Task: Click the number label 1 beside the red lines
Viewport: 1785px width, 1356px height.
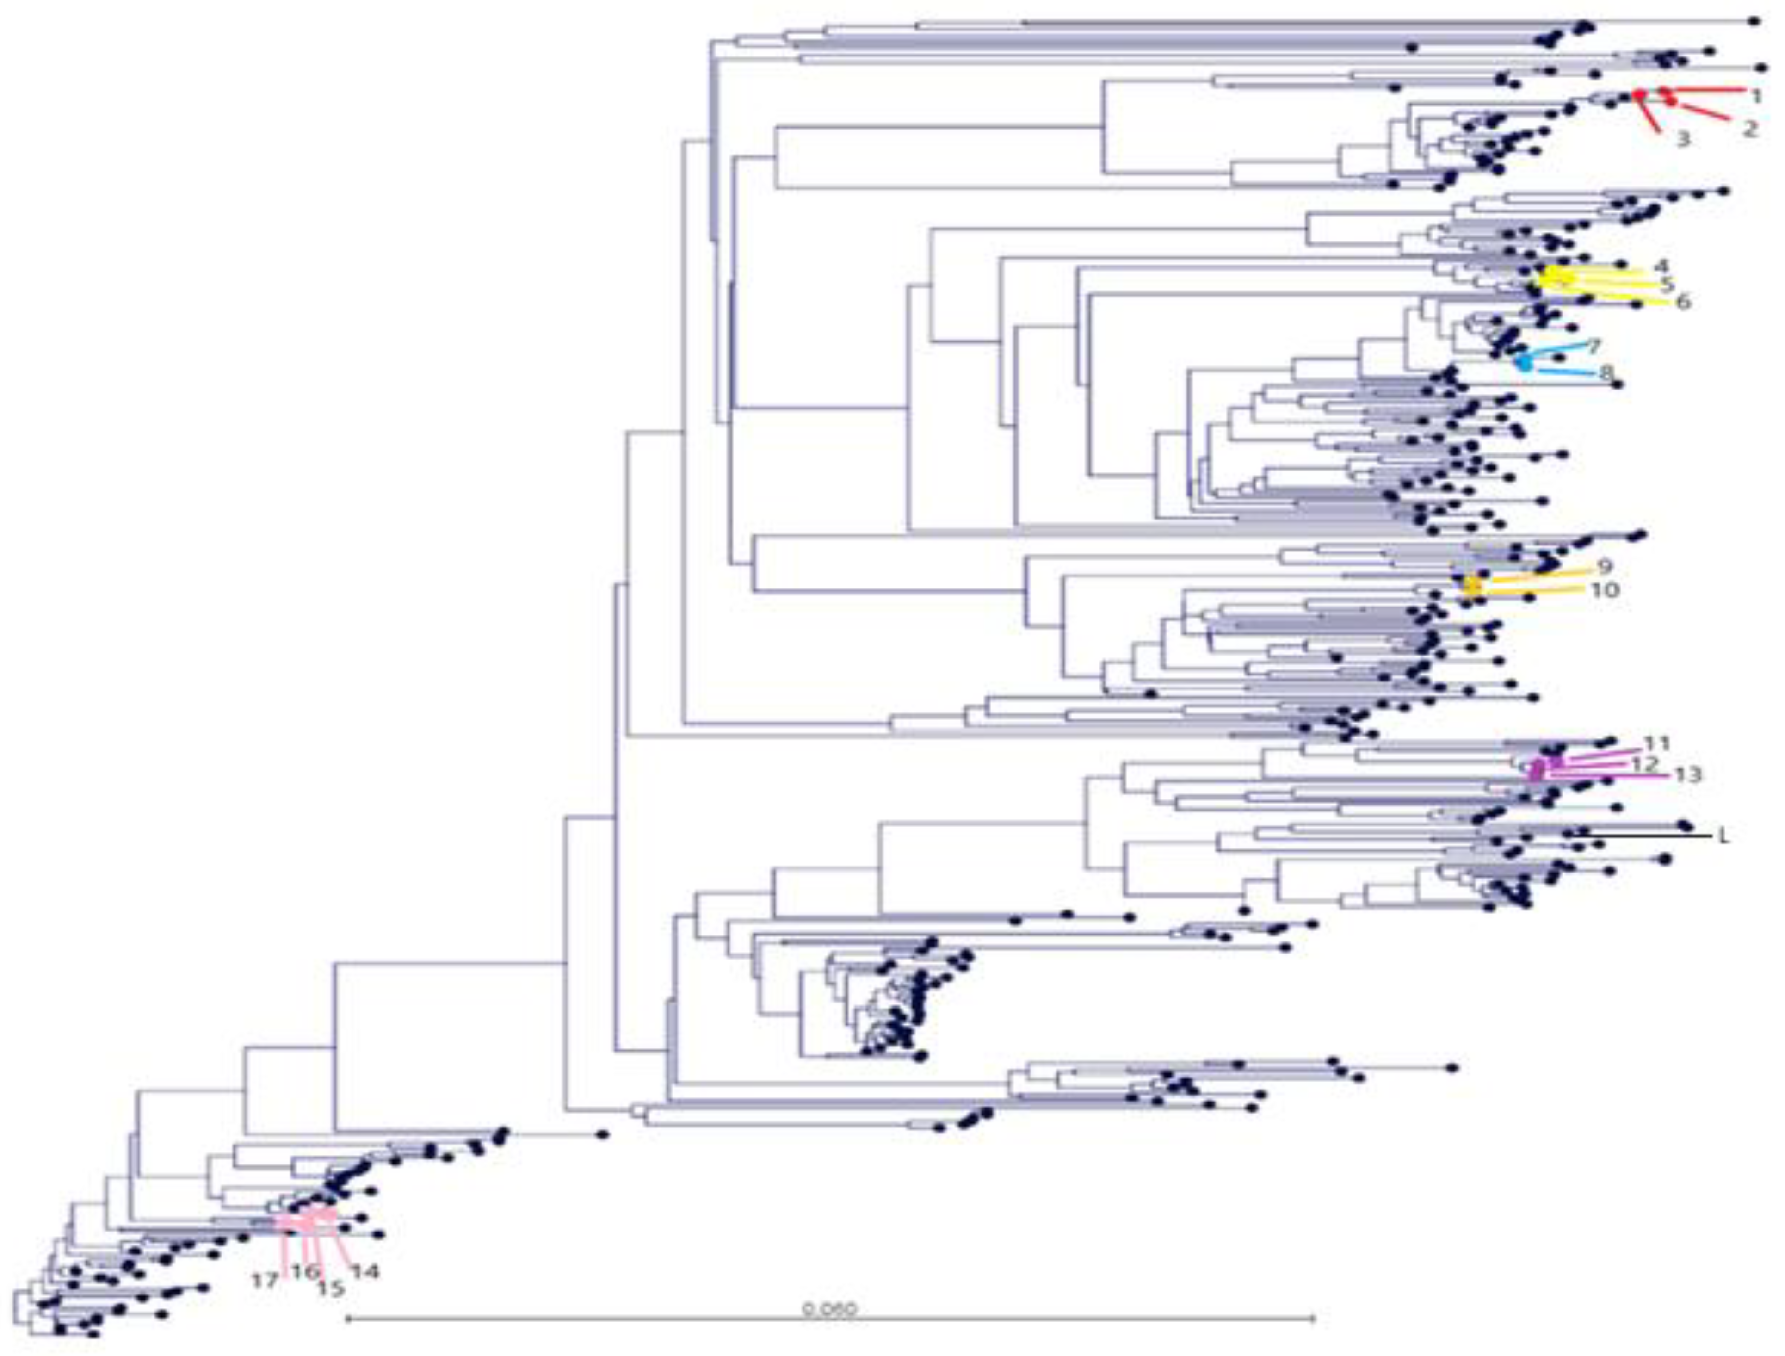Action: (x=1754, y=95)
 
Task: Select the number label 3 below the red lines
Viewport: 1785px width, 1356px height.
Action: (x=1682, y=139)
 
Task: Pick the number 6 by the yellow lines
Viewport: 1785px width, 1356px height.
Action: (x=1682, y=303)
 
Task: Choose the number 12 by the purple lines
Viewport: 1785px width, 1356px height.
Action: (x=1644, y=763)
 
